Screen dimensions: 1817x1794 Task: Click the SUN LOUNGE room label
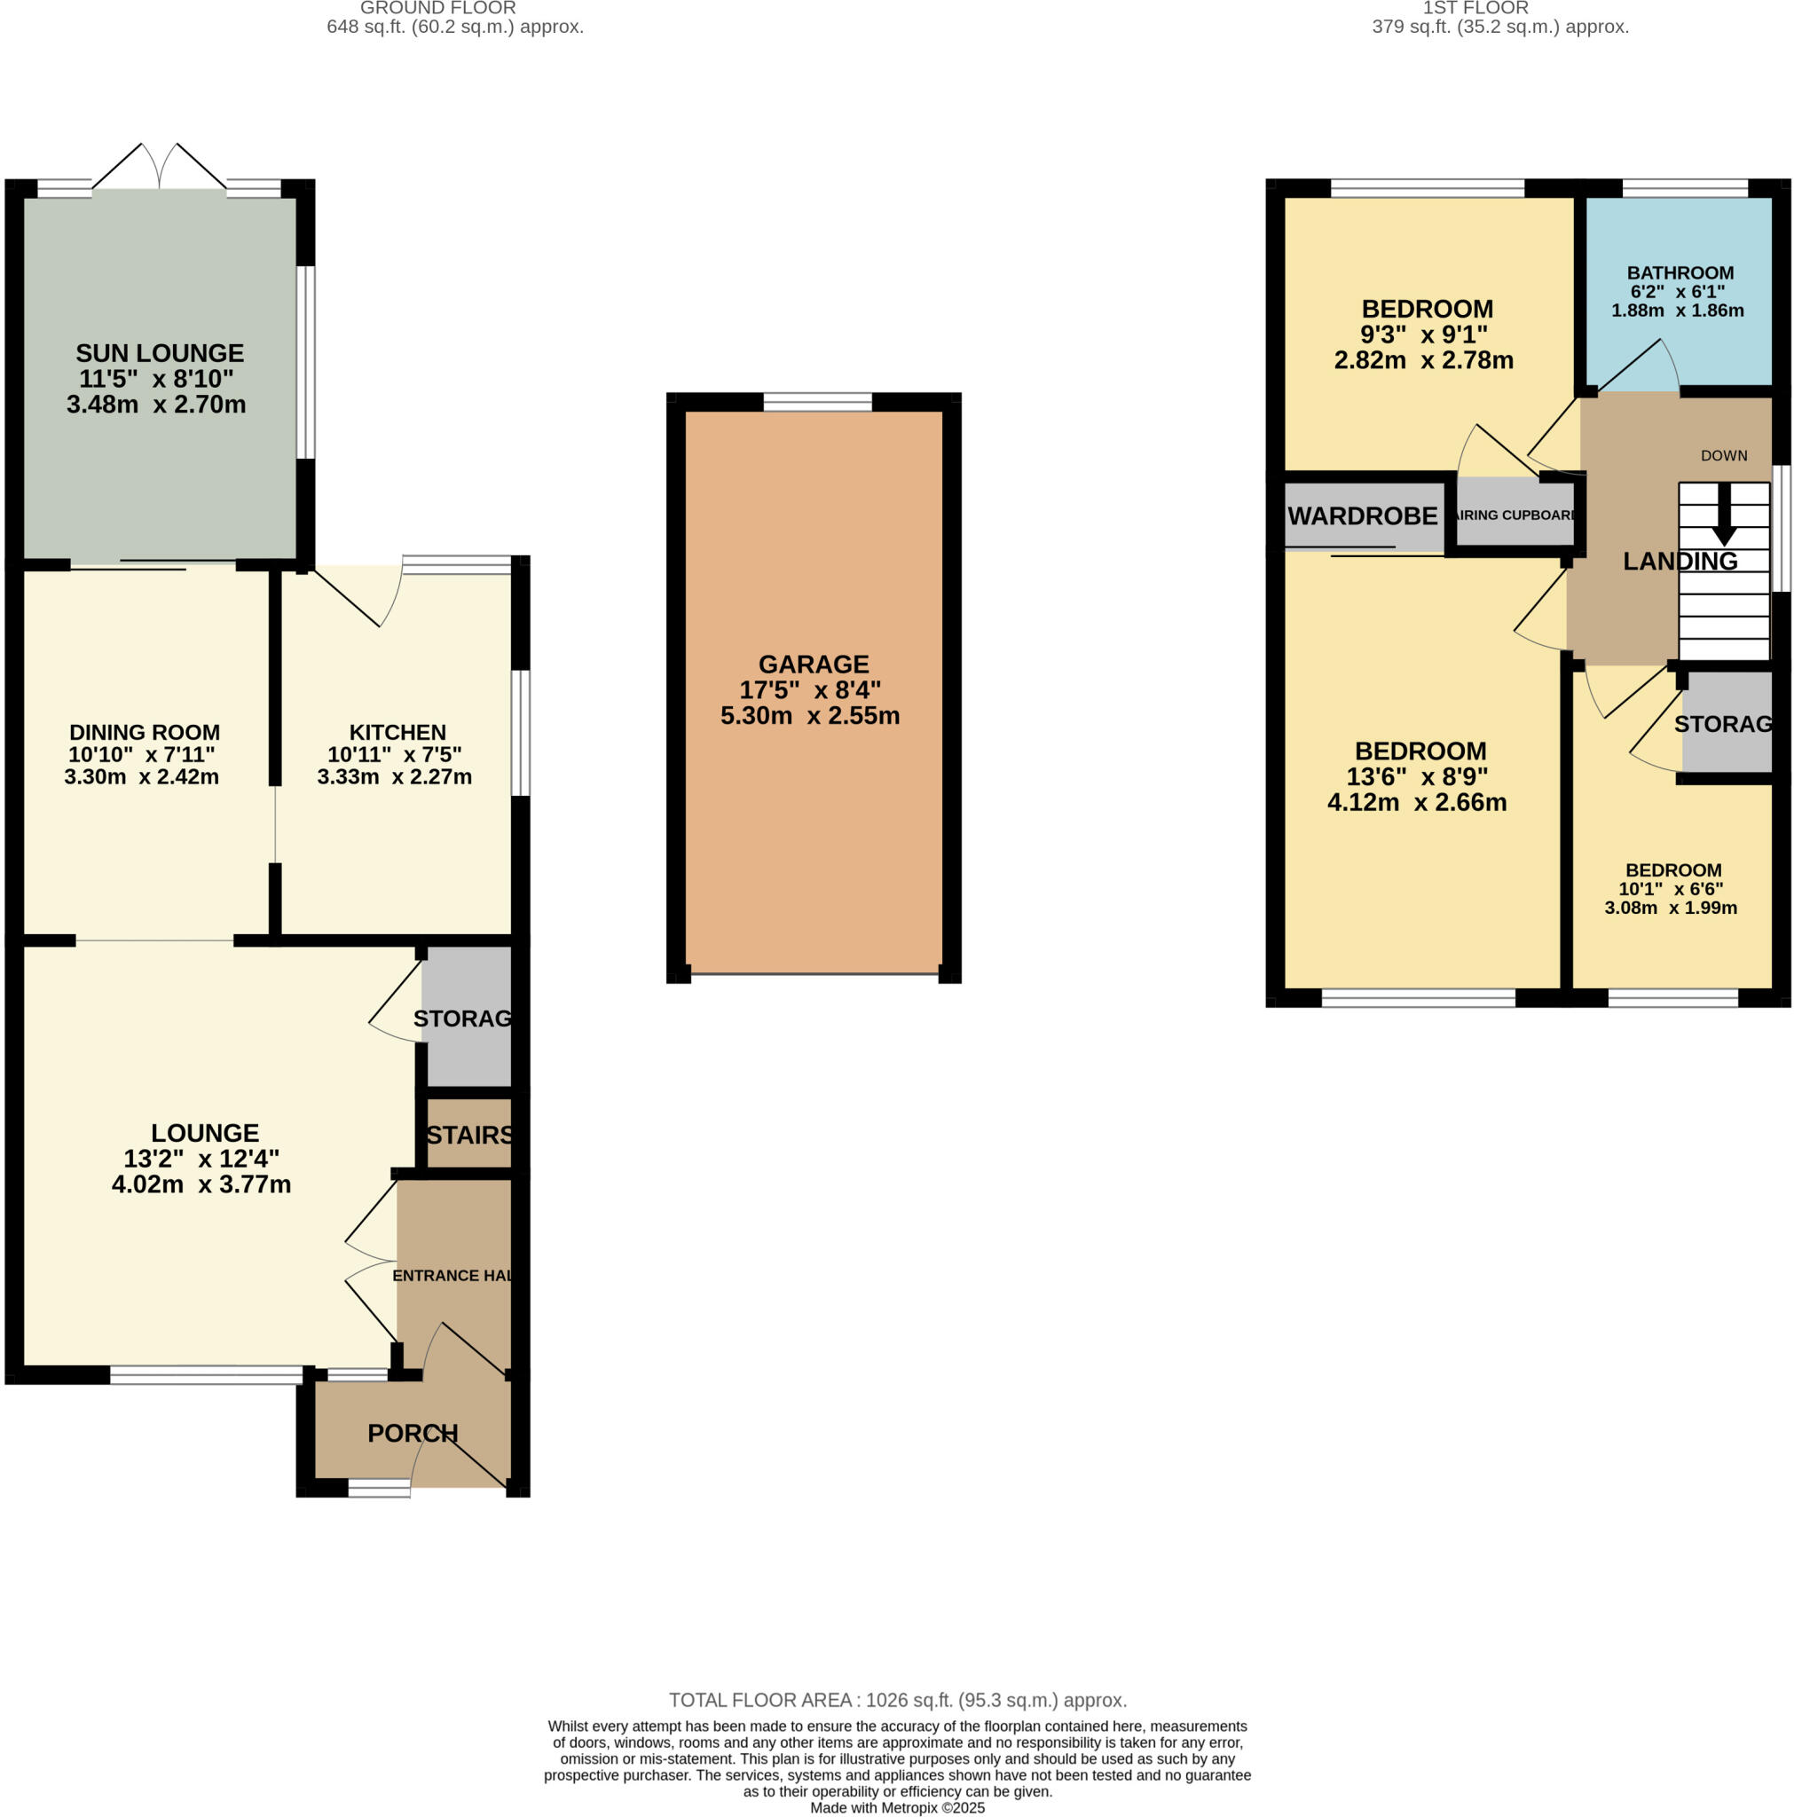[159, 354]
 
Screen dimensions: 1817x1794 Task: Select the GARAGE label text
[813, 664]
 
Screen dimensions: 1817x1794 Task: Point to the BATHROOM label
[1680, 272]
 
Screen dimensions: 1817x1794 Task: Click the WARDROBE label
[1361, 516]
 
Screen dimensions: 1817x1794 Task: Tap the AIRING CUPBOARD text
[1514, 515]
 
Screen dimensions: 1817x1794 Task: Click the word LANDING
[1680, 562]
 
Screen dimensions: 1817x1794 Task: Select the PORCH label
[412, 1434]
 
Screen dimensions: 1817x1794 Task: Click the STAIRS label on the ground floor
[469, 1135]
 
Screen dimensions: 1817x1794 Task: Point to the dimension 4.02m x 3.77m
[201, 1184]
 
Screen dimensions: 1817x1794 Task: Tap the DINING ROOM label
[144, 732]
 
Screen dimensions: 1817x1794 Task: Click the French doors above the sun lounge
[159, 168]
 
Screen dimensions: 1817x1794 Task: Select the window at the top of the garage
[816, 403]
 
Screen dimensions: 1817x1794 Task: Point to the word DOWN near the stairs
[1722, 455]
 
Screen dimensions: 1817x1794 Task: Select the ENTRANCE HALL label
[452, 1275]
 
